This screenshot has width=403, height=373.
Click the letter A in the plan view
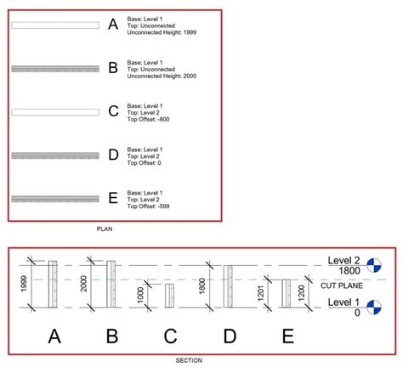click(113, 25)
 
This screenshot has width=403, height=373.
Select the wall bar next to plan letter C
click(55, 111)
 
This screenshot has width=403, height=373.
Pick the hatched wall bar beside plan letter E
click(55, 198)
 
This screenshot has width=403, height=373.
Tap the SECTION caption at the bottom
click(189, 360)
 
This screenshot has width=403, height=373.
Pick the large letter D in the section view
click(230, 336)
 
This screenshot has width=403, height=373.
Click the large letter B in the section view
click(111, 336)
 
